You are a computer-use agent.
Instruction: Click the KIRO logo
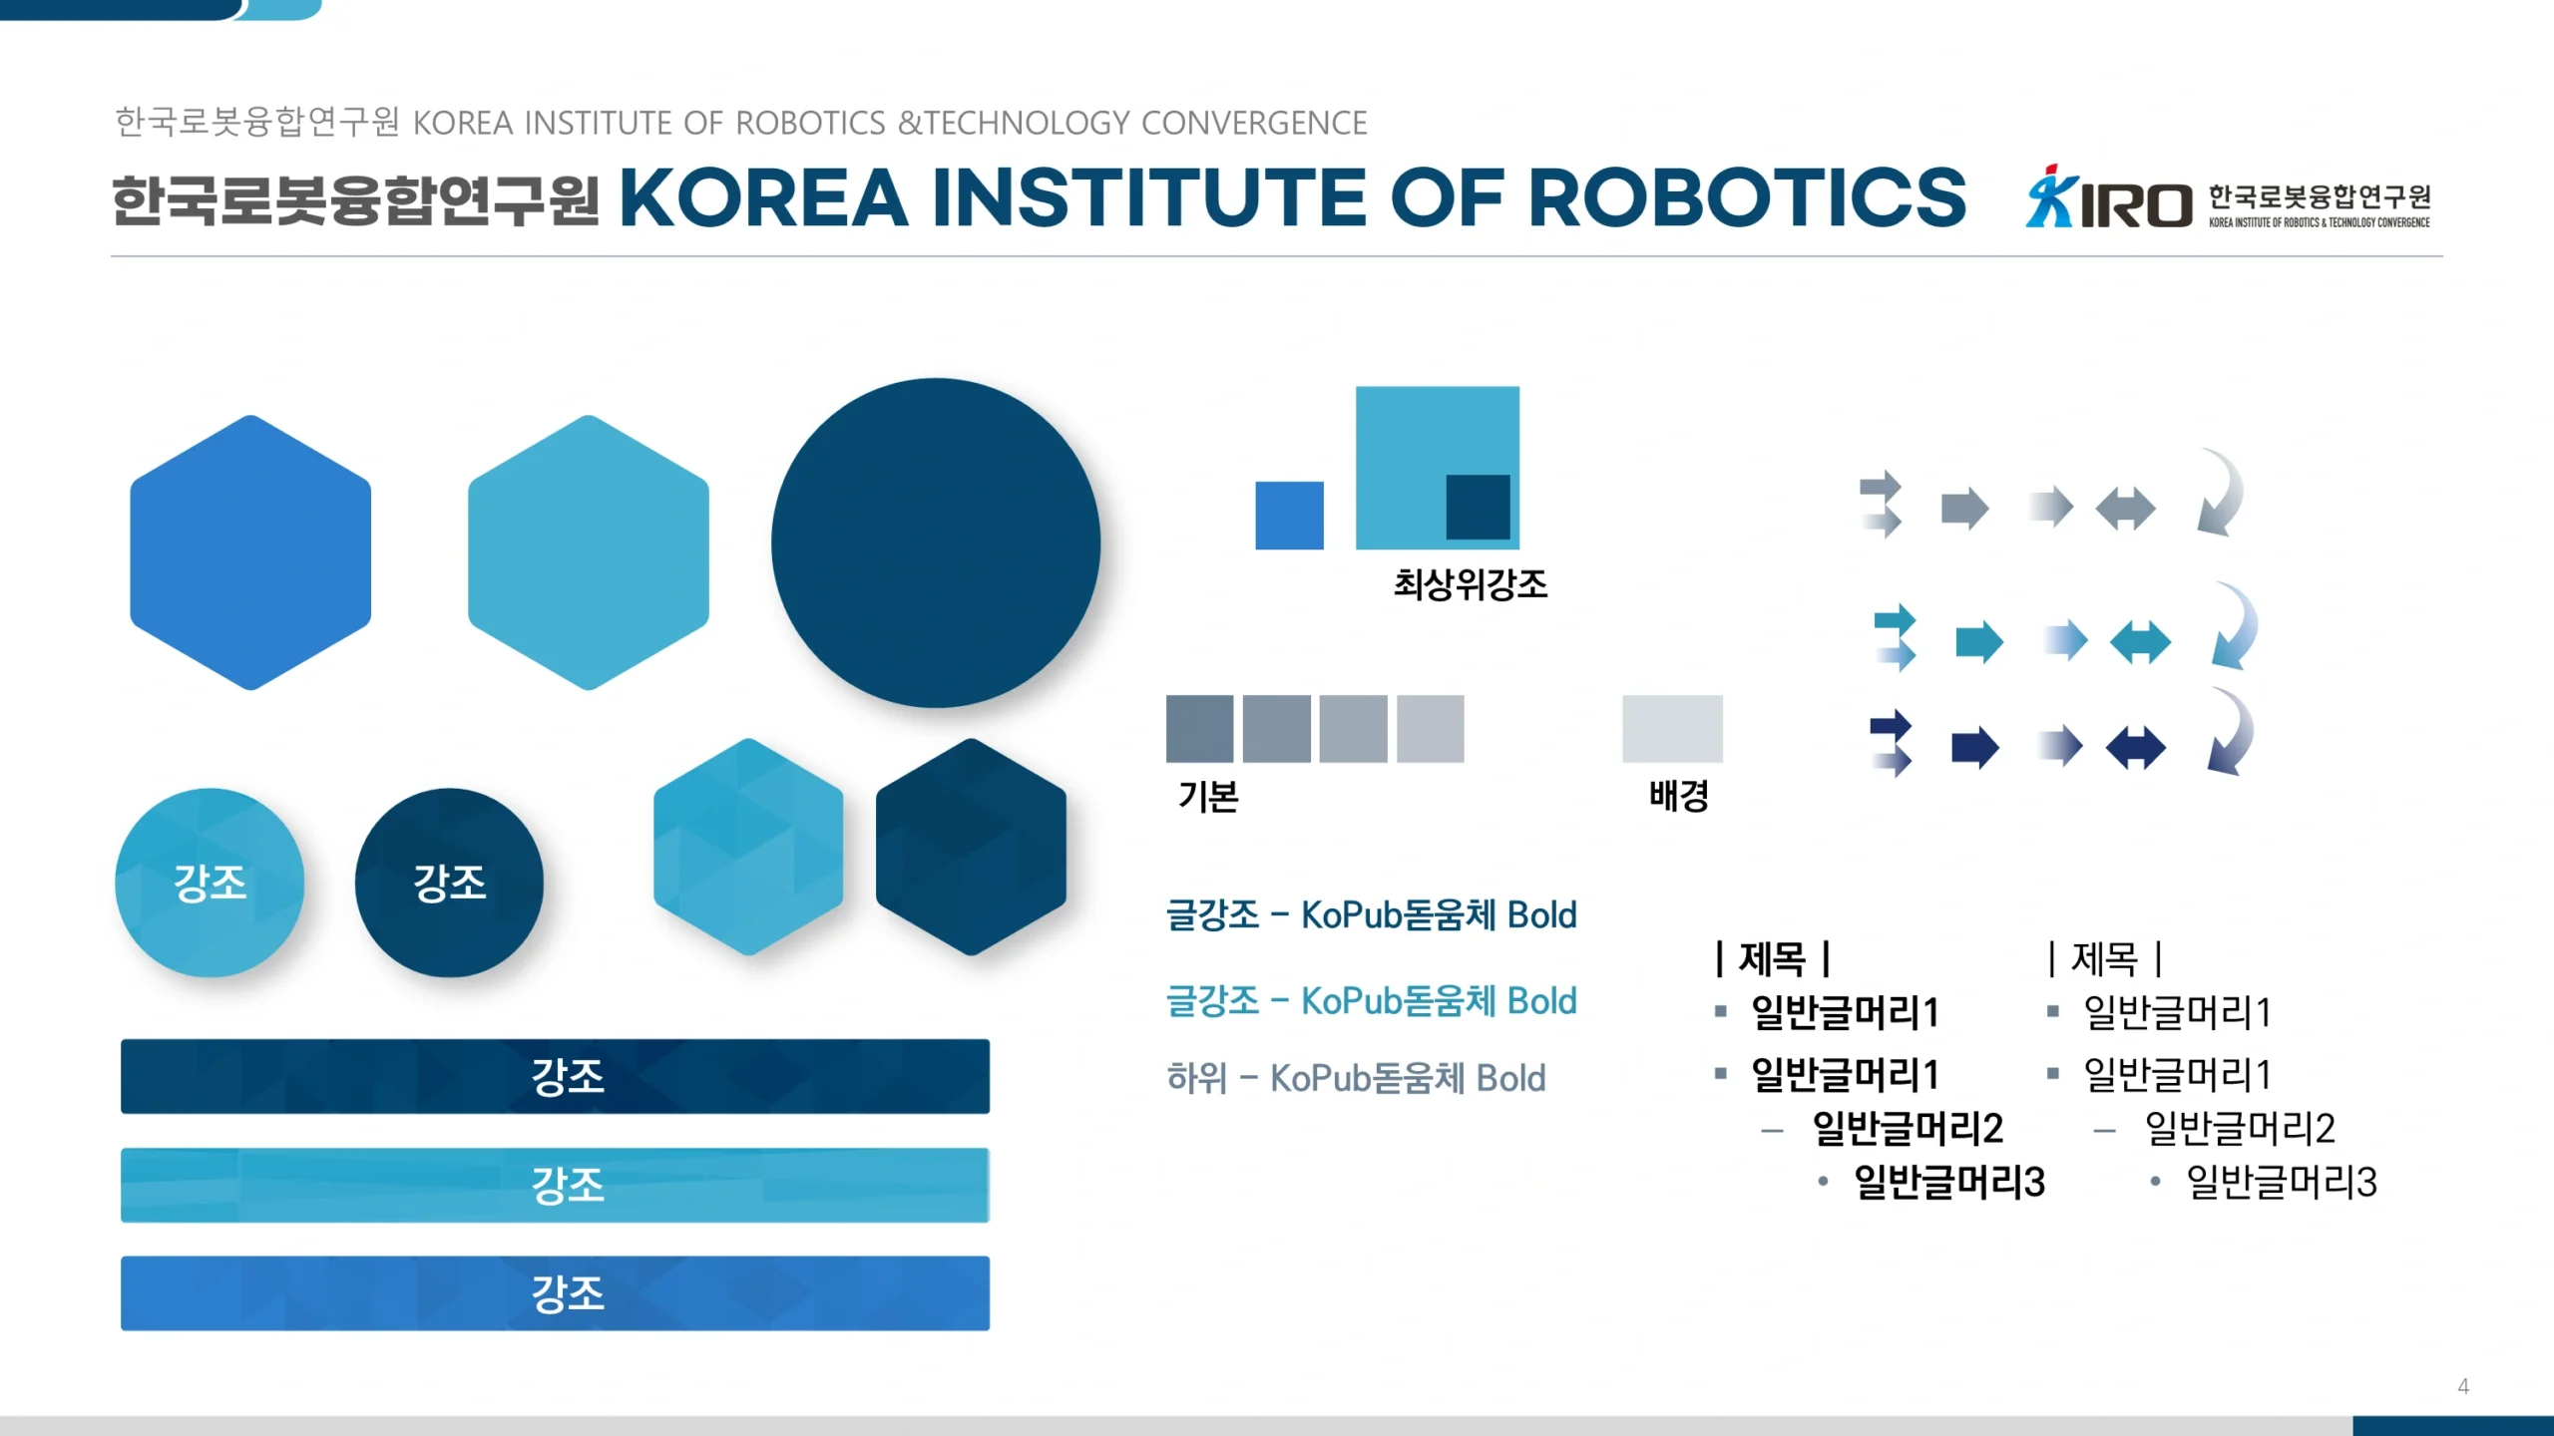pos(2228,197)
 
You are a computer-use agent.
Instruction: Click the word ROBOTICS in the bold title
pos(1747,197)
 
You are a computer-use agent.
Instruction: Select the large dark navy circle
pos(936,542)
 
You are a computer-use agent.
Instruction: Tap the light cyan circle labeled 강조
pos(210,883)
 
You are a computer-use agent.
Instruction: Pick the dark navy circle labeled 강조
pos(449,883)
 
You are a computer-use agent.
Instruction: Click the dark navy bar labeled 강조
pos(555,1076)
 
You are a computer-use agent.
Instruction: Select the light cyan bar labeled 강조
pos(555,1185)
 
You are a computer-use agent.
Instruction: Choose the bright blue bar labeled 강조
pos(555,1293)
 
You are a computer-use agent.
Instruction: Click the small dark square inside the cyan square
pos(1478,507)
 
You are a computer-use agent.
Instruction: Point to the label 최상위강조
pos(1471,584)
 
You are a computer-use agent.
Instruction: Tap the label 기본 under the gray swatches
pos(1208,797)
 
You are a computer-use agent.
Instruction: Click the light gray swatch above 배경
pos(1672,729)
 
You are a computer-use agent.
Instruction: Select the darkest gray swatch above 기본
pos(1199,729)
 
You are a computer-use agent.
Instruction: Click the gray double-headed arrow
pos(2125,509)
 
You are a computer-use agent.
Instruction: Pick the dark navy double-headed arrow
pos(2135,747)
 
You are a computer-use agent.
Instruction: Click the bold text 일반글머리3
pos(1949,1182)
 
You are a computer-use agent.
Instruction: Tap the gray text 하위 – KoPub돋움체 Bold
pos(1356,1078)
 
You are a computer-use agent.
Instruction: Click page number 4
pos(2463,1386)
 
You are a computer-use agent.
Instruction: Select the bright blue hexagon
pos(250,552)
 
